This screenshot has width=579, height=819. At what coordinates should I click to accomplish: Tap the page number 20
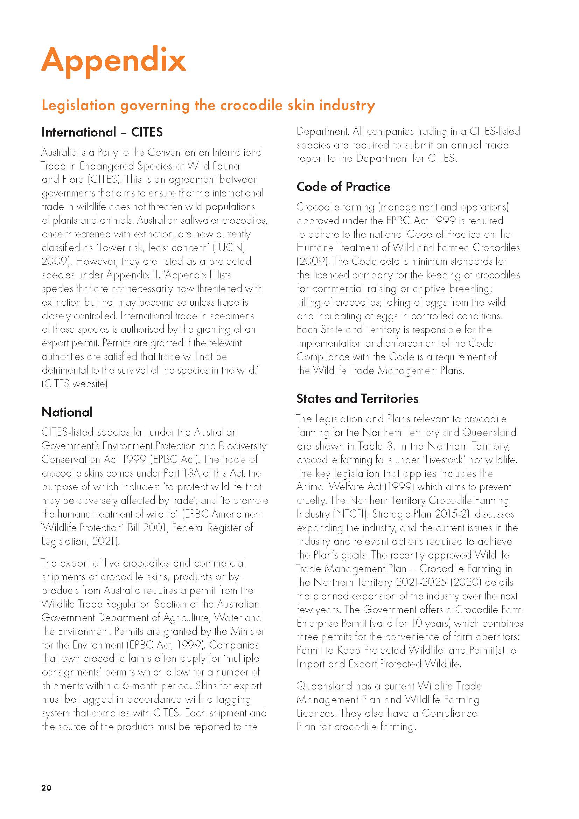coord(46,787)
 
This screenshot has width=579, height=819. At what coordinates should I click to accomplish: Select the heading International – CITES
coord(102,132)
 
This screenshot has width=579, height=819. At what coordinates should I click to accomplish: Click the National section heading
coord(67,412)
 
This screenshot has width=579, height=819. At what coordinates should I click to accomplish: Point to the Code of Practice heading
coord(343,187)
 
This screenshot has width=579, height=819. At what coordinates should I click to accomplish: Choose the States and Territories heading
coord(357,398)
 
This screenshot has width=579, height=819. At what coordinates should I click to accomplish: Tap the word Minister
coord(247,631)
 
